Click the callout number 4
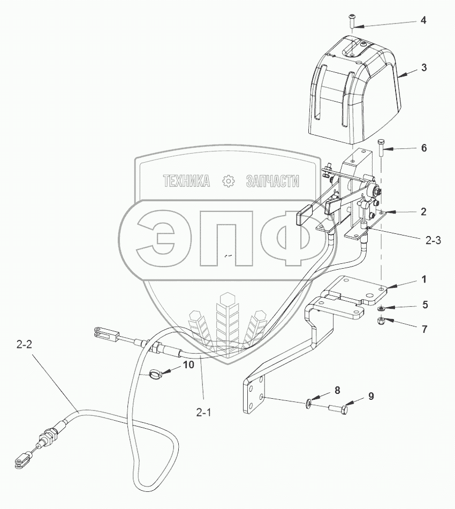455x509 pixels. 423,21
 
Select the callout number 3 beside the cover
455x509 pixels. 423,68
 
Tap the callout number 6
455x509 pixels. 423,148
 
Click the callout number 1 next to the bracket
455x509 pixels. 423,279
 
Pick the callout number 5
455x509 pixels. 424,305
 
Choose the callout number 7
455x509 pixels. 424,329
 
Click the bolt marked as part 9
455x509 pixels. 337,409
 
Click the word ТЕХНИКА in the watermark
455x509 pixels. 187,181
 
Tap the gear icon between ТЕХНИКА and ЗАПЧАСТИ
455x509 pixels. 228,181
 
